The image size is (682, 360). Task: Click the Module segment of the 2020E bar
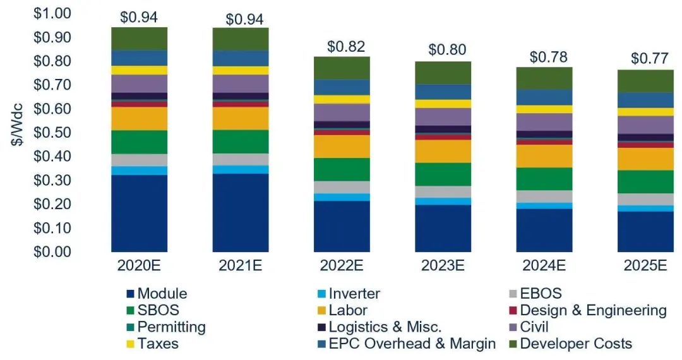point(139,213)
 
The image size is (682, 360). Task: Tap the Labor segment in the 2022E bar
point(342,146)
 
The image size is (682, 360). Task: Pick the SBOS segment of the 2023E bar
point(443,174)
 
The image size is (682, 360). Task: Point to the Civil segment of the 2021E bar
point(241,83)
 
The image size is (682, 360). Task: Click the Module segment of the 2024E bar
point(544,230)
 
